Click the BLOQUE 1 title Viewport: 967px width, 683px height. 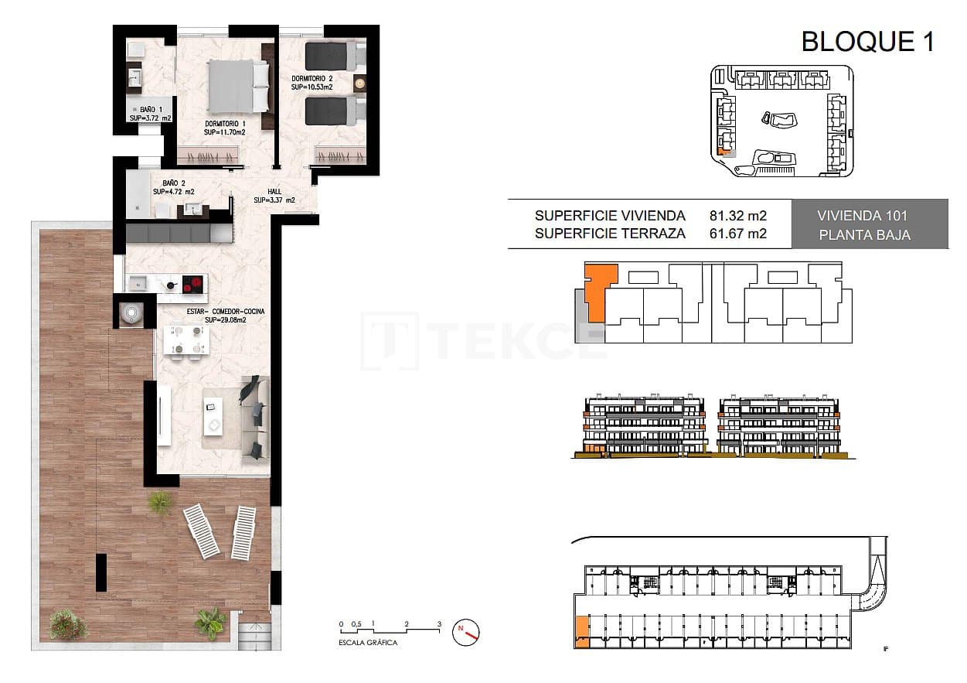point(867,41)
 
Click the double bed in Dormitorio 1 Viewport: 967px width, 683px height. point(238,86)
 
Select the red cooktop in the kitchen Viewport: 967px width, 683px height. point(194,284)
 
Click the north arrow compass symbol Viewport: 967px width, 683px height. point(467,631)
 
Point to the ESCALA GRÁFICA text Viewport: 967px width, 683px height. point(369,643)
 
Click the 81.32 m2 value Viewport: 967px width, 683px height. point(737,216)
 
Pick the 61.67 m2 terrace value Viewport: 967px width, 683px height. point(737,234)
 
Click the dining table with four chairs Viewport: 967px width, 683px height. point(186,340)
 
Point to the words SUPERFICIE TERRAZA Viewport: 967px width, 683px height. point(609,234)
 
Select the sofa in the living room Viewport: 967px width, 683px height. point(254,418)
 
